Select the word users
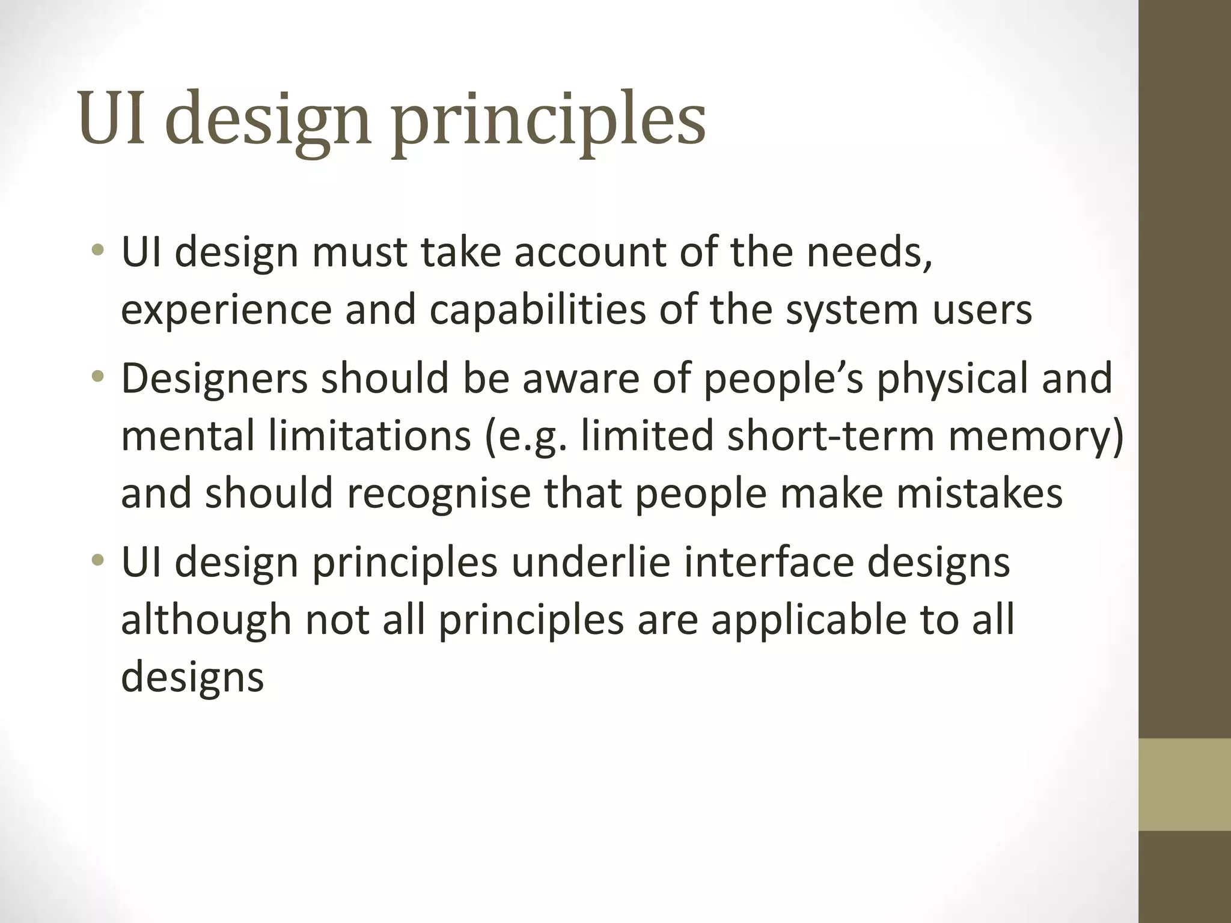pos(982,310)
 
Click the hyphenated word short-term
pos(831,436)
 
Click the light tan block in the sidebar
pos(1185,784)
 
